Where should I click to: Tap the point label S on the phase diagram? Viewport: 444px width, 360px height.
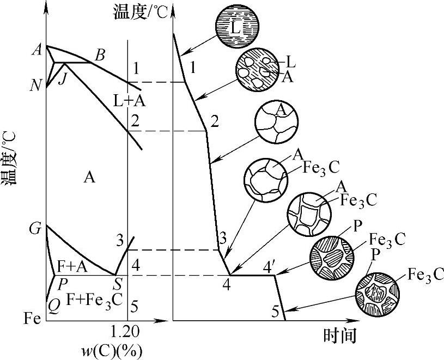[117, 284]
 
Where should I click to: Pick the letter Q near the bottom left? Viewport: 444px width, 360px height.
[53, 306]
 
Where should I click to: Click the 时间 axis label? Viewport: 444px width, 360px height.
[339, 336]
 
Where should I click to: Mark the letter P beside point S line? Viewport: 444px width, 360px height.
[63, 284]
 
